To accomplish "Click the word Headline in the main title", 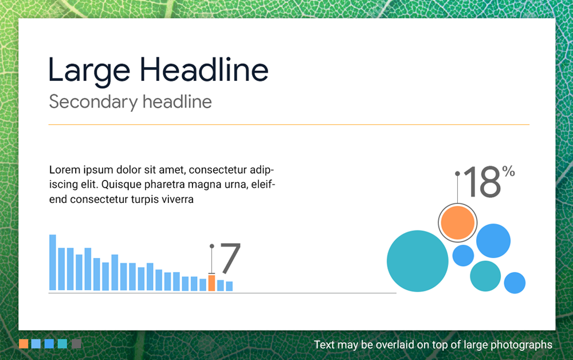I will point(204,70).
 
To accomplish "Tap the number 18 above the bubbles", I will point(482,183).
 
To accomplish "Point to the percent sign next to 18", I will point(508,171).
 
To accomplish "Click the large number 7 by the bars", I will point(230,258).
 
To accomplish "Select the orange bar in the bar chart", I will point(211,283).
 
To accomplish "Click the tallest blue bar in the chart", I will point(53,262).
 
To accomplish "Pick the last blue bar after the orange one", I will point(229,286).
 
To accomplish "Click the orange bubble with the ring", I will point(457,223).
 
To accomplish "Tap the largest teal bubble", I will point(417,261).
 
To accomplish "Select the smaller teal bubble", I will point(485,276).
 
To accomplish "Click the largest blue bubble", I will point(493,241).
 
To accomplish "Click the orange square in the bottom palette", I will point(23,344).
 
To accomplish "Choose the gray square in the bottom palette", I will point(76,344).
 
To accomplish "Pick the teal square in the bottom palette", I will point(62,344).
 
